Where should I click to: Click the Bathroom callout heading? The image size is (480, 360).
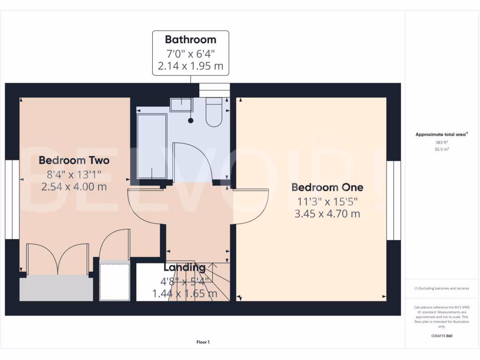[190, 40]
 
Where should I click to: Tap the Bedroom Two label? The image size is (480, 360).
[74, 160]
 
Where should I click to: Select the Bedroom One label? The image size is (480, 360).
[327, 187]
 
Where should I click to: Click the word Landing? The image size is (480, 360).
[184, 268]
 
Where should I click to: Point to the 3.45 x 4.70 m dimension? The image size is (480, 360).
[327, 214]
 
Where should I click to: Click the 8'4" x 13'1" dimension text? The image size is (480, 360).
[74, 174]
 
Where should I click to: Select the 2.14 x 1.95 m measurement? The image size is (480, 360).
[190, 66]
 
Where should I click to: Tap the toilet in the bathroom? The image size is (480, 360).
[214, 112]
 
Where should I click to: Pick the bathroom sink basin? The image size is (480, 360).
[181, 105]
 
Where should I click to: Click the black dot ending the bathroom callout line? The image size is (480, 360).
[191, 121]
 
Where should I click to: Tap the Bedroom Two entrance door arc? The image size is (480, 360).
[143, 206]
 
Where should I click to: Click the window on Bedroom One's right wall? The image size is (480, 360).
[394, 200]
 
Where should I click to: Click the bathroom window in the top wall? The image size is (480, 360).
[215, 90]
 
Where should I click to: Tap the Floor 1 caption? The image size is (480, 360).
[203, 343]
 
